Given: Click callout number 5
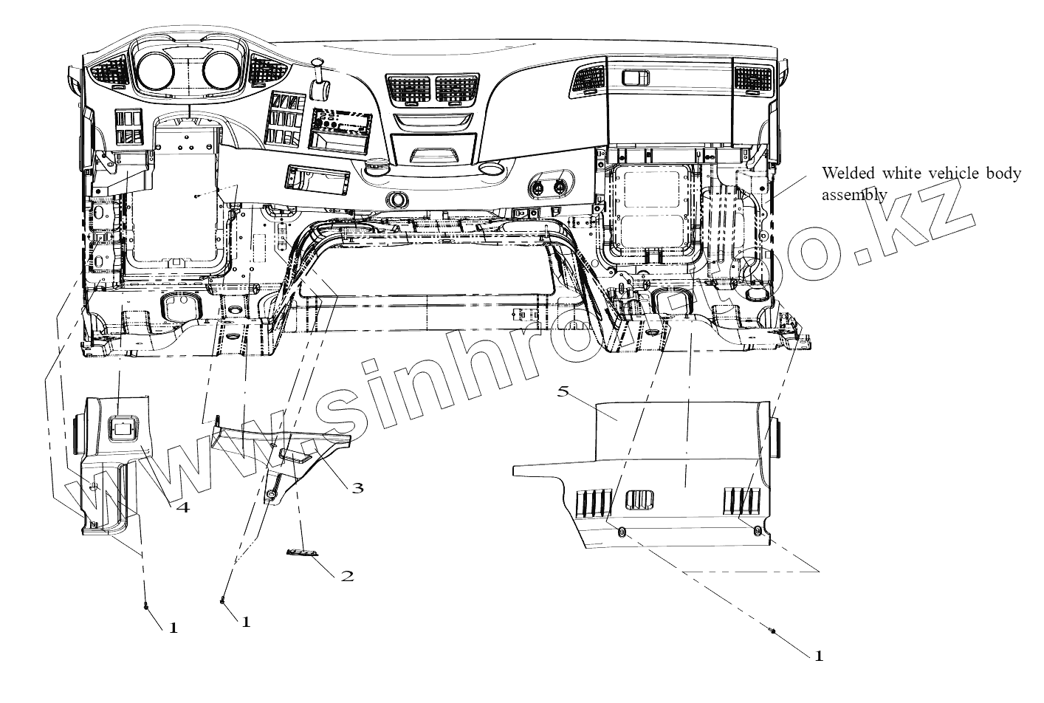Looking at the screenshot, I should pyautogui.click(x=563, y=391).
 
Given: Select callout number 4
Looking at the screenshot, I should pyautogui.click(x=182, y=507).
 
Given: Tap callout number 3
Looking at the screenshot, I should pyautogui.click(x=357, y=487).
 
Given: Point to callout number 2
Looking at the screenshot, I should pyautogui.click(x=347, y=575).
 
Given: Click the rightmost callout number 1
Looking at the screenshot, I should pyautogui.click(x=818, y=655).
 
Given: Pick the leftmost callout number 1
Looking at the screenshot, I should pyautogui.click(x=174, y=628).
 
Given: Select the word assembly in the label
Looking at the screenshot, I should pyautogui.click(x=854, y=193).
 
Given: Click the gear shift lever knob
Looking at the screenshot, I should pyautogui.click(x=320, y=88).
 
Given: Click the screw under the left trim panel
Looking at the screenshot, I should pyautogui.click(x=146, y=606).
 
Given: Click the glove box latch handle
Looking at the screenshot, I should pyautogui.click(x=634, y=77).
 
